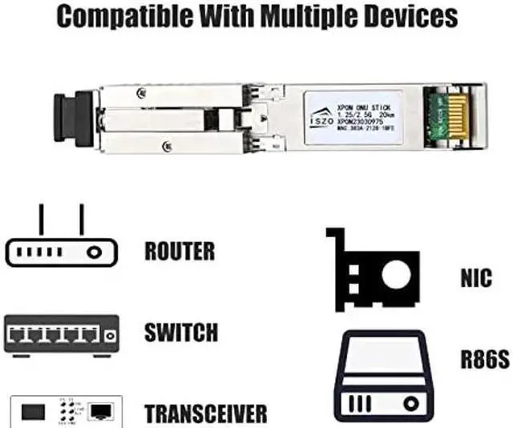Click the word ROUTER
point(180,251)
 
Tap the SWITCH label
point(180,332)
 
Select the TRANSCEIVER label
point(205,414)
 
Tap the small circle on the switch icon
point(111,332)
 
